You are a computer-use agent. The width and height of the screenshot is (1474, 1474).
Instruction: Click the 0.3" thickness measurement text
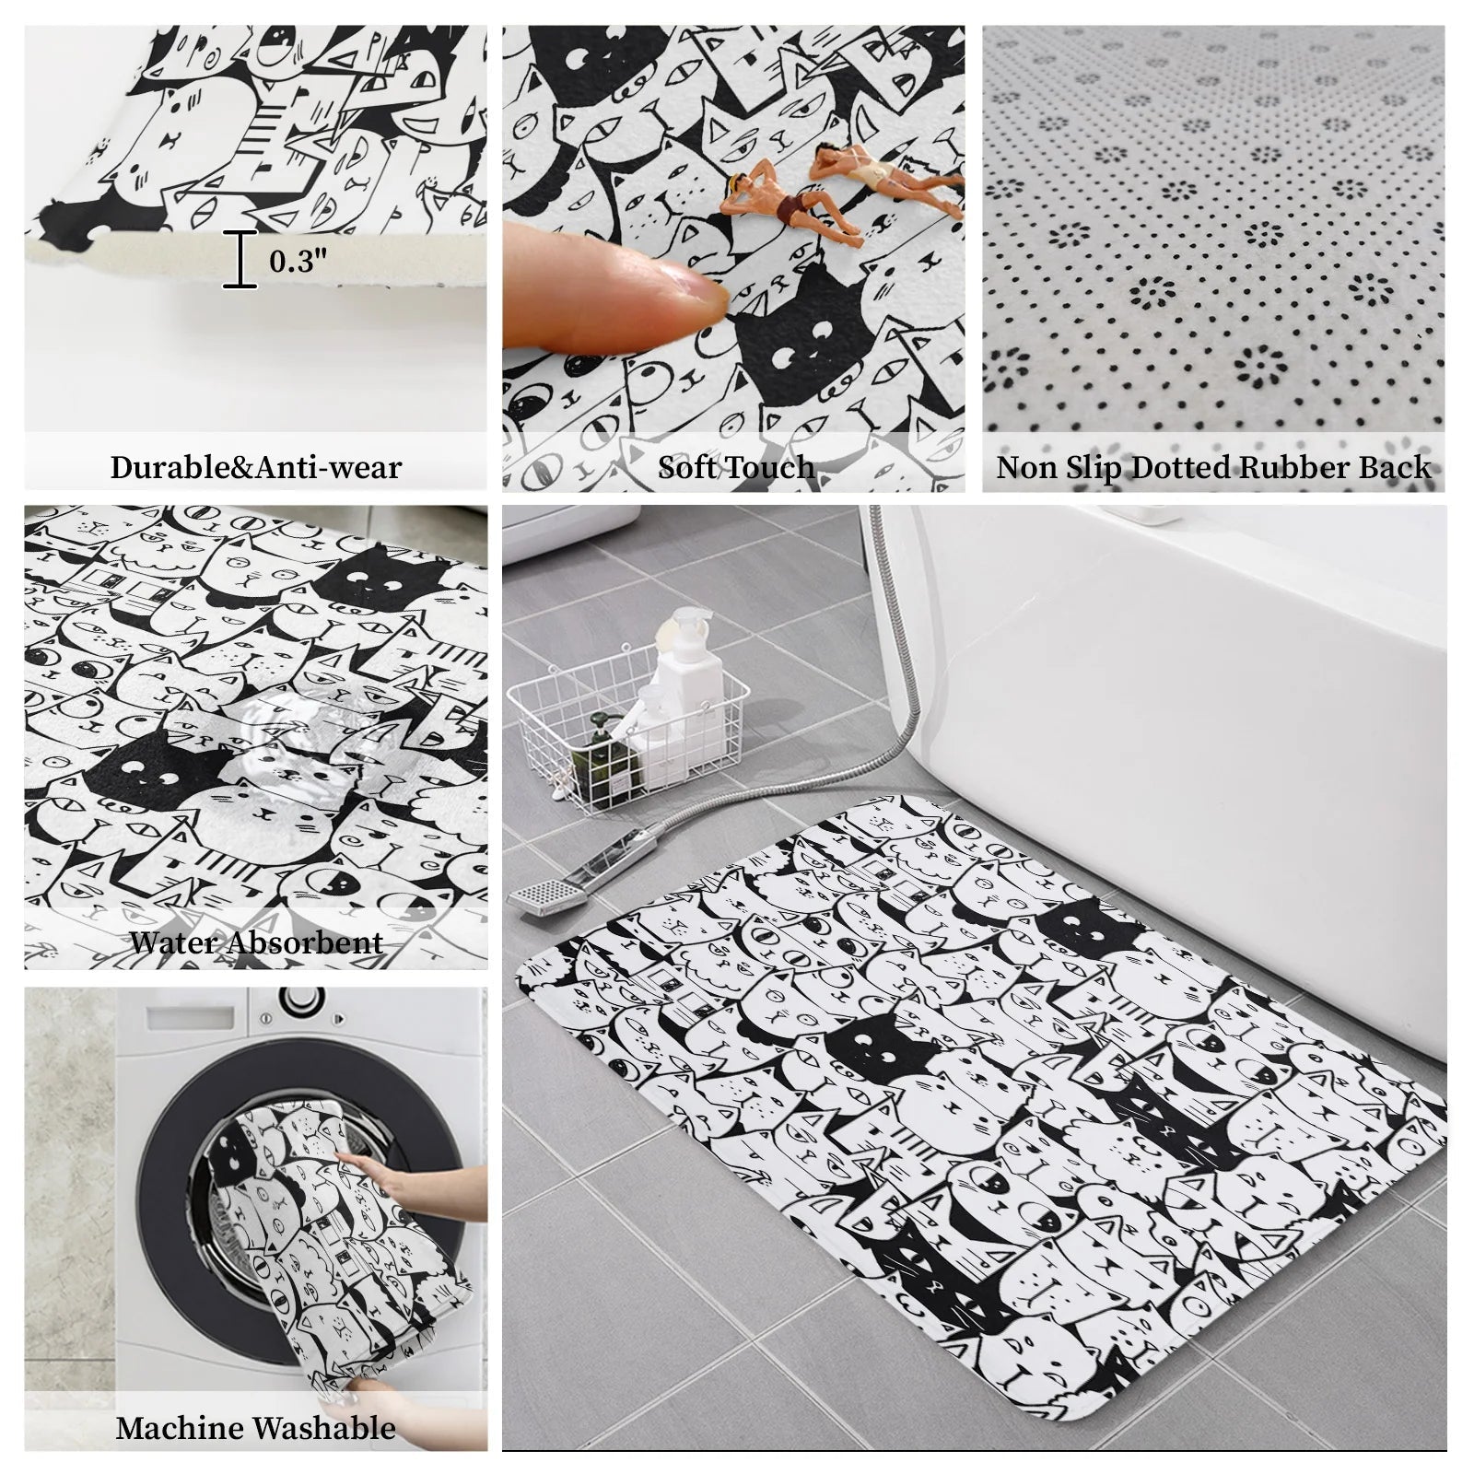tap(298, 261)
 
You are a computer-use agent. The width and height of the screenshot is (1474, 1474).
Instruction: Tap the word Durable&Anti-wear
tap(255, 467)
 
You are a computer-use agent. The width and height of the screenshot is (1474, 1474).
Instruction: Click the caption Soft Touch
tap(735, 467)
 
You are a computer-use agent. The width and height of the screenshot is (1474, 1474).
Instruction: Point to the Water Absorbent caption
tap(255, 942)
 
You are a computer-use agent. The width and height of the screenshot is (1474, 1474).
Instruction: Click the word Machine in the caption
tap(181, 1428)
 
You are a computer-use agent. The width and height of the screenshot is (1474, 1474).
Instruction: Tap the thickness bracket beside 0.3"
tap(241, 260)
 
